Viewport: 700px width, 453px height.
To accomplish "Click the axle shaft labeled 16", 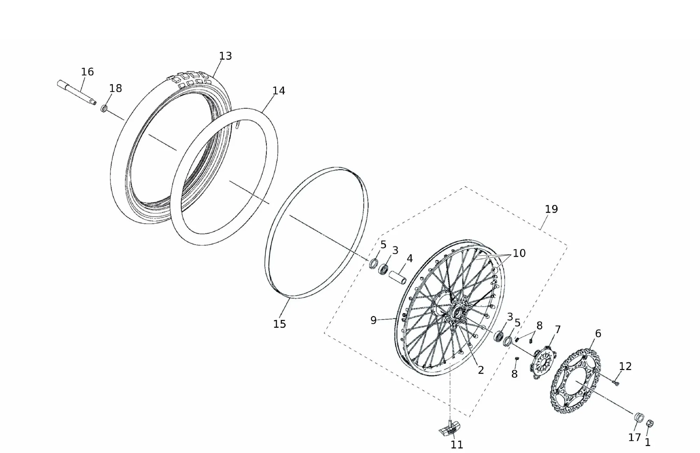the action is pos(77,92).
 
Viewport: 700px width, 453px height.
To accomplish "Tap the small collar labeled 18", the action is pos(104,108).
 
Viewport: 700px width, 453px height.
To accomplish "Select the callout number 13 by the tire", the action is pos(225,56).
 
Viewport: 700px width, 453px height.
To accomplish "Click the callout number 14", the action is pos(279,91).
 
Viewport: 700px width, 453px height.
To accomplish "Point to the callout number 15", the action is pos(279,324).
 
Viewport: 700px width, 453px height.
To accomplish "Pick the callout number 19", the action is pos(551,209).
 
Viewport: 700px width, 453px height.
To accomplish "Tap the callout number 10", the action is pos(519,253).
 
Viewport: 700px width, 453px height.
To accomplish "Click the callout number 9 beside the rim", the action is pos(373,320).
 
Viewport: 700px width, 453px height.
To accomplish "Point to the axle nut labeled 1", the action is pos(650,423).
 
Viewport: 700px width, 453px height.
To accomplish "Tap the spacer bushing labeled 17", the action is pos(639,418).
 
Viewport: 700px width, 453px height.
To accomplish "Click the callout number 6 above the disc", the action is pos(598,334).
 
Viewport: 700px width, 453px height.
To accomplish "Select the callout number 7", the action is pos(558,330).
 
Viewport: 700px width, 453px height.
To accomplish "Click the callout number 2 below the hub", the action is pos(481,370).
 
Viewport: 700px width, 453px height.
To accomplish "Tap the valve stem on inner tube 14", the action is pos(238,125).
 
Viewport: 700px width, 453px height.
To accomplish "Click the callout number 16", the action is pos(87,72).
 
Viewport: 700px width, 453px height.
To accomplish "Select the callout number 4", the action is pos(409,259).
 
